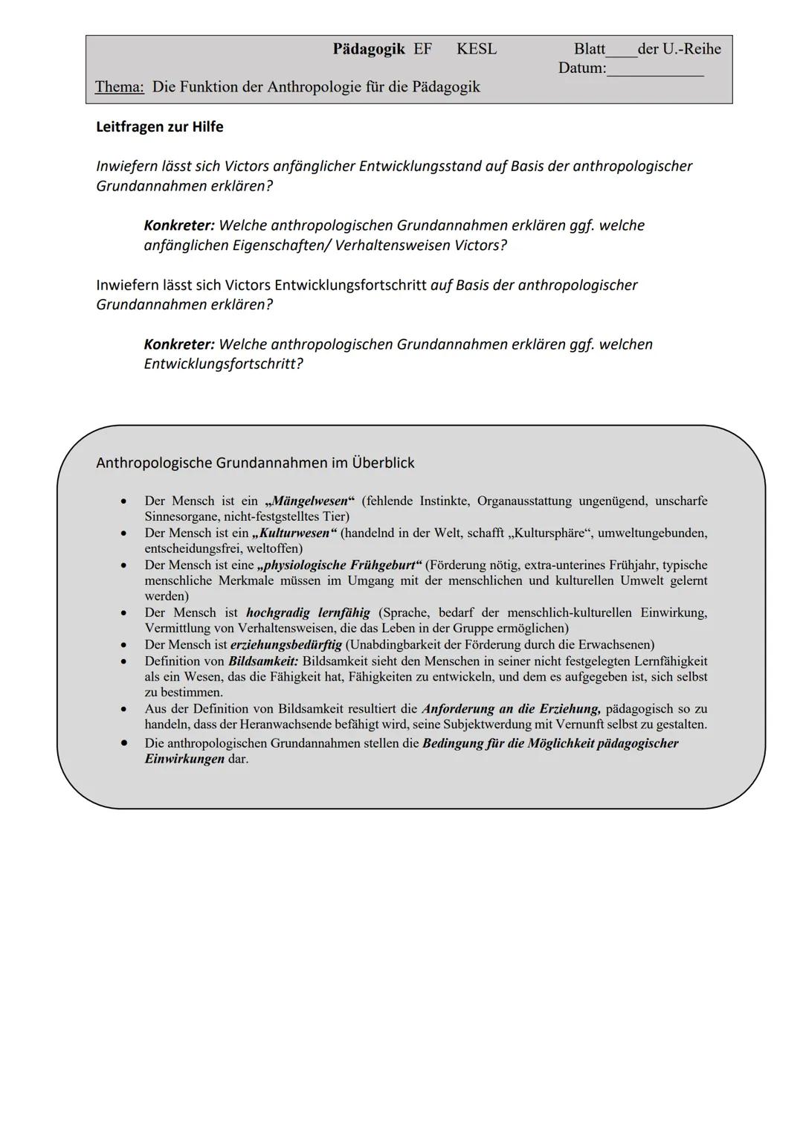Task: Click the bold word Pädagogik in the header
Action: pos(369,49)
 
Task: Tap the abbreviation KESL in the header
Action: pos(477,49)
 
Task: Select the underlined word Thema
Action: pos(119,87)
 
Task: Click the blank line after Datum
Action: pos(655,69)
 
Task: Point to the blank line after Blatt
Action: pos(622,50)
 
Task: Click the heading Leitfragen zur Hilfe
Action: pos(160,126)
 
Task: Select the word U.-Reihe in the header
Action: pos(691,49)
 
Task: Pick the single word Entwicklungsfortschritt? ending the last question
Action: pos(224,364)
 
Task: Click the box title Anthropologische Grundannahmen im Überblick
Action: pos(255,463)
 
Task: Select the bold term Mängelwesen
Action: pos(310,501)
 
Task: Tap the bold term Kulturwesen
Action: pos(295,533)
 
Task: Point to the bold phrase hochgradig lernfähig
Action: pos(308,613)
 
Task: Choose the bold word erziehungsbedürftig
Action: pos(286,644)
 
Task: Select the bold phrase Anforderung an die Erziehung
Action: pos(511,708)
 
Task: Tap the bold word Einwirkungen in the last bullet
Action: pos(184,759)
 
